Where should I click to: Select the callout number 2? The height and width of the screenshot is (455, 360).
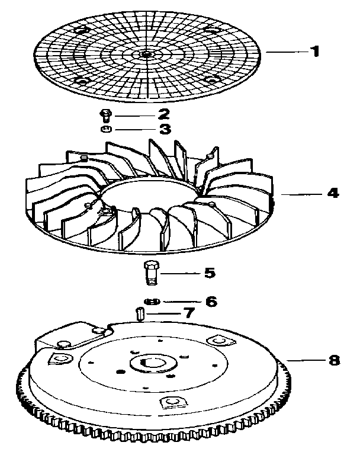(x=164, y=113)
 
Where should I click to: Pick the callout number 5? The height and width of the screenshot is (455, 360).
(x=209, y=274)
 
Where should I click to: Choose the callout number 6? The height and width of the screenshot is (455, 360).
(x=211, y=301)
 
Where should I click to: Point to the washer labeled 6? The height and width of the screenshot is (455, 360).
(x=153, y=302)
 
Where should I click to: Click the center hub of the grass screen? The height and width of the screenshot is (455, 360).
(x=146, y=55)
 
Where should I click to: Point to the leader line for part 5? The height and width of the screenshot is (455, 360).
(x=181, y=274)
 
